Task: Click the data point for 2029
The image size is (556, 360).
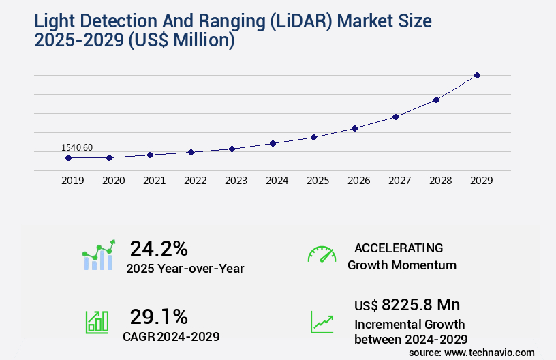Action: point(477,75)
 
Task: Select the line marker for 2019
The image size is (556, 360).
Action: point(68,157)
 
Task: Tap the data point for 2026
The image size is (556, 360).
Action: point(354,128)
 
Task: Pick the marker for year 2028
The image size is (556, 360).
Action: point(436,100)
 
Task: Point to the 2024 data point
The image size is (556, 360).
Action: point(273,143)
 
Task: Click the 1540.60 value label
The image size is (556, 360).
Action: point(77,147)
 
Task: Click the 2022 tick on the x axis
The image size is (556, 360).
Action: point(195,181)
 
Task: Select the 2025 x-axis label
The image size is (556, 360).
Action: point(318,181)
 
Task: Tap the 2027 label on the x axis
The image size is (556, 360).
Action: point(399,181)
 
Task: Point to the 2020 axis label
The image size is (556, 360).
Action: point(113,181)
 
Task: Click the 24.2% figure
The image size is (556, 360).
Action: point(159,248)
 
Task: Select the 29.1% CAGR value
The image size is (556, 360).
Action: point(159,316)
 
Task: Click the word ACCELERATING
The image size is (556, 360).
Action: point(399,247)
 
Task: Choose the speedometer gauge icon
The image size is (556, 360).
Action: point(322,254)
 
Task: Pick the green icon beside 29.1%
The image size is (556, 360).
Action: point(97,321)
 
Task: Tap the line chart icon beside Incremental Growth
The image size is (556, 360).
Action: point(322,321)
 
